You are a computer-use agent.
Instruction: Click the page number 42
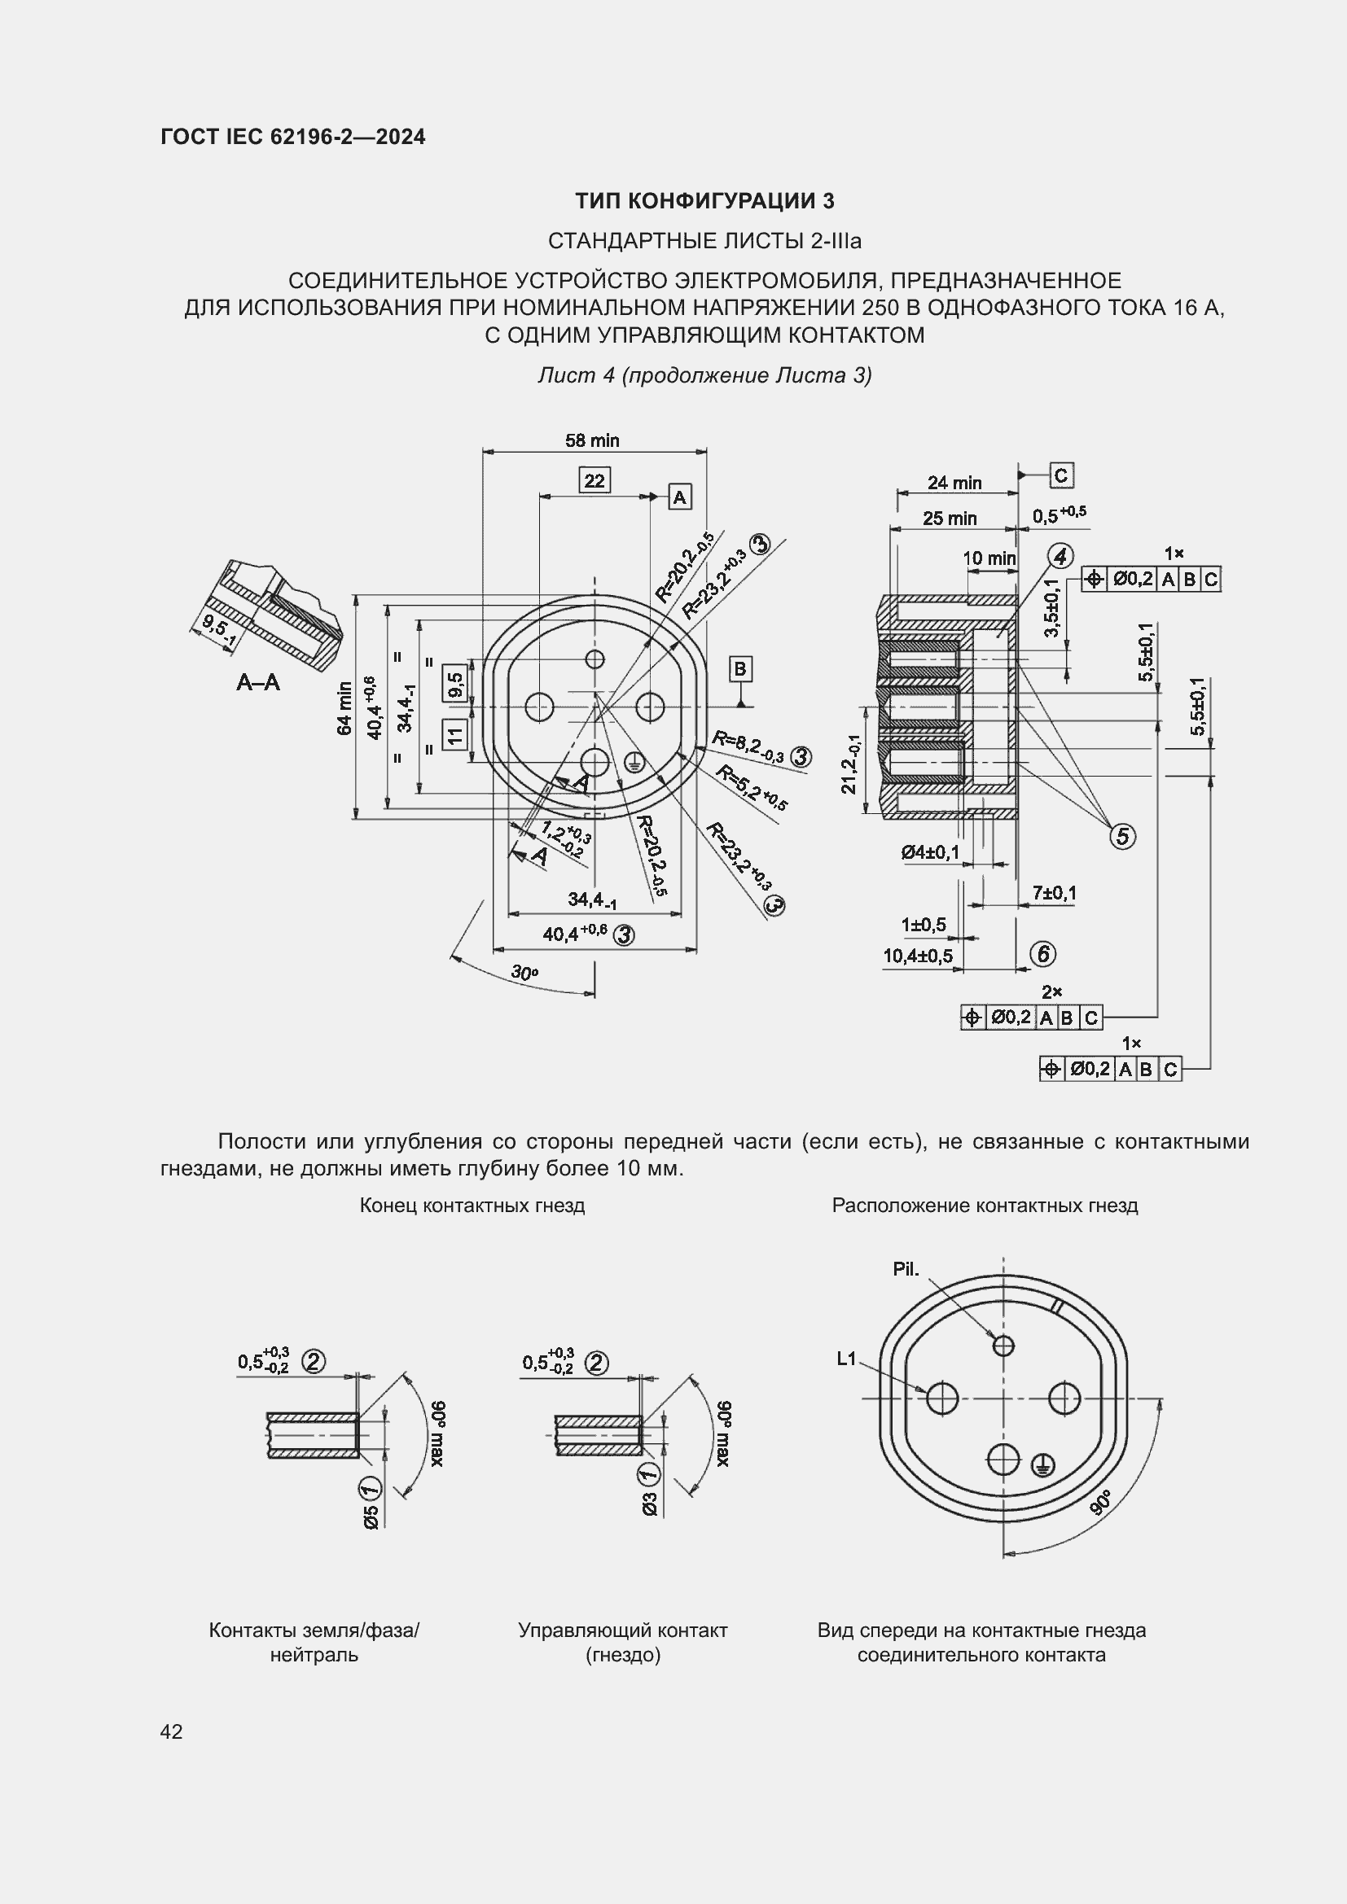pos(171,1731)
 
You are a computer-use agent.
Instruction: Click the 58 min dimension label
pos(592,440)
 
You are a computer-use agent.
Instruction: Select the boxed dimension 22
pos(595,480)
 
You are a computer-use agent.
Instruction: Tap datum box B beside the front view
pos(739,668)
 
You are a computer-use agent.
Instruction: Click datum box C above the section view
pos(1061,475)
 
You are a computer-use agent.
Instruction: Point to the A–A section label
pos(258,682)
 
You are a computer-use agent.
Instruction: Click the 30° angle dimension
pos(524,973)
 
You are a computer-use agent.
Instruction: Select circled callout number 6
pos(1042,955)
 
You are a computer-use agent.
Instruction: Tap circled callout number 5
pos(1122,836)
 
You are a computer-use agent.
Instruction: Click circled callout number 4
pos(1060,557)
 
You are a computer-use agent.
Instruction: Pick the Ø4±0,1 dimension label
pos(931,852)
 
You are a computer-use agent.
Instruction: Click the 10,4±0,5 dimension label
pos(917,956)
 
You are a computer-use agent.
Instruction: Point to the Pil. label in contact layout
pos(906,1269)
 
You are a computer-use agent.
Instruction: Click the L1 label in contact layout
pos(846,1359)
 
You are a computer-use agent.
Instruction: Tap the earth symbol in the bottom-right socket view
pos(1042,1466)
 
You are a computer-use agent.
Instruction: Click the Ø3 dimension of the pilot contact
pos(649,1504)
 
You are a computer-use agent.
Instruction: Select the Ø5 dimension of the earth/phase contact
pos(371,1516)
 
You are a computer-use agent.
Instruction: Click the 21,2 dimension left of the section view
pos(850,764)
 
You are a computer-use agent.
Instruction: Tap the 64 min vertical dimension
pos(344,707)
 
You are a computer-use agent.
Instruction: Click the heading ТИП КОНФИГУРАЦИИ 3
pos(704,201)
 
